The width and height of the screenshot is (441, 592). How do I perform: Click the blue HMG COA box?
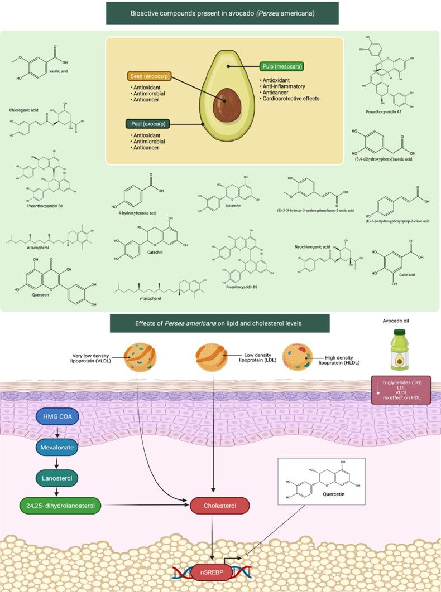[58, 416]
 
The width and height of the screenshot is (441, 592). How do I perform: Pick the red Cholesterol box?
[219, 506]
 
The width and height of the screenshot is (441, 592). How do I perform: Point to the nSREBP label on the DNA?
[212, 572]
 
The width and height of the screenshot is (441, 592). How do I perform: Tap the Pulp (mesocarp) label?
[281, 66]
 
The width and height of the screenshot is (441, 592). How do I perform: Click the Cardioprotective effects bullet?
[291, 99]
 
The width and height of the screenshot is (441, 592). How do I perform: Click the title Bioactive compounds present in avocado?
[222, 13]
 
